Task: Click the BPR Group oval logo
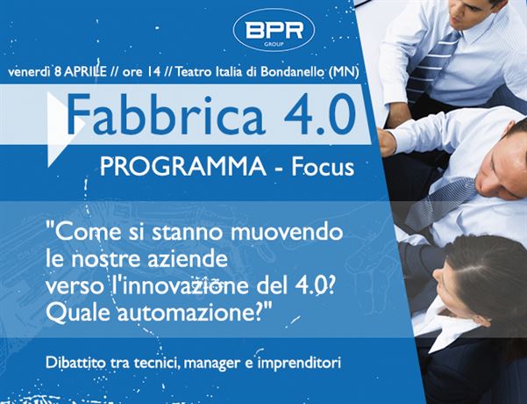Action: pyautogui.click(x=274, y=30)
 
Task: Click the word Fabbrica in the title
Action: pyautogui.click(x=166, y=114)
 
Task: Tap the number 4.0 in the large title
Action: pyautogui.click(x=320, y=114)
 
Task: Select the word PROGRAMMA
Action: pyautogui.click(x=183, y=167)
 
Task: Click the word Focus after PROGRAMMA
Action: pyautogui.click(x=323, y=167)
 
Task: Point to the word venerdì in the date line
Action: pyautogui.click(x=29, y=72)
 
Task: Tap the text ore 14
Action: pyautogui.click(x=141, y=72)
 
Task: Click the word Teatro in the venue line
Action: pyautogui.click(x=190, y=72)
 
